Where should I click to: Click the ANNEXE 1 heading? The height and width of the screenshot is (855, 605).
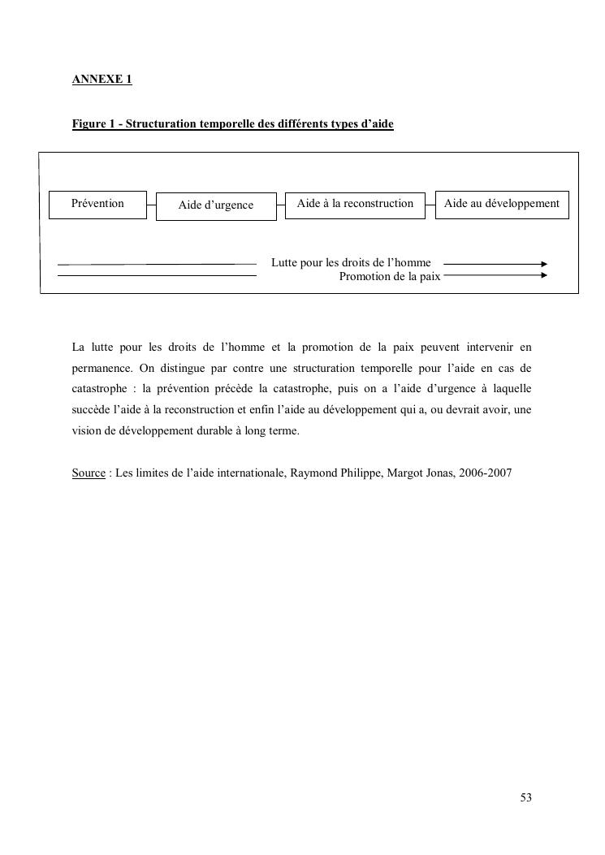(x=102, y=79)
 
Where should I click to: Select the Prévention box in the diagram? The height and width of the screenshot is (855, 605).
(x=97, y=204)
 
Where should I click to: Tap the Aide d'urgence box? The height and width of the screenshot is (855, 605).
(x=216, y=205)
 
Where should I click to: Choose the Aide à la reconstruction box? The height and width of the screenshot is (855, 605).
(x=355, y=204)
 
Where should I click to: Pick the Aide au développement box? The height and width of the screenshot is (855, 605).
(x=502, y=204)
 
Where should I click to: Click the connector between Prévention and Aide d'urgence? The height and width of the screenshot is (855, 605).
(x=151, y=205)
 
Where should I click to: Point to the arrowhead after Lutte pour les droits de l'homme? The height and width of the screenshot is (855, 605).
(x=544, y=264)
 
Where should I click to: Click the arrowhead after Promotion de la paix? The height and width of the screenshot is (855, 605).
(x=544, y=276)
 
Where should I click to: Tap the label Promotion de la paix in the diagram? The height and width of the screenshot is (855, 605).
(x=390, y=276)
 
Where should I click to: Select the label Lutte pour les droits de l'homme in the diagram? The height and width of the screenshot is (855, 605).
(x=351, y=263)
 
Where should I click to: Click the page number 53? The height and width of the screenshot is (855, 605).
(x=526, y=798)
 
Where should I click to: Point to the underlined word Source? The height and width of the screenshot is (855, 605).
(x=89, y=473)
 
